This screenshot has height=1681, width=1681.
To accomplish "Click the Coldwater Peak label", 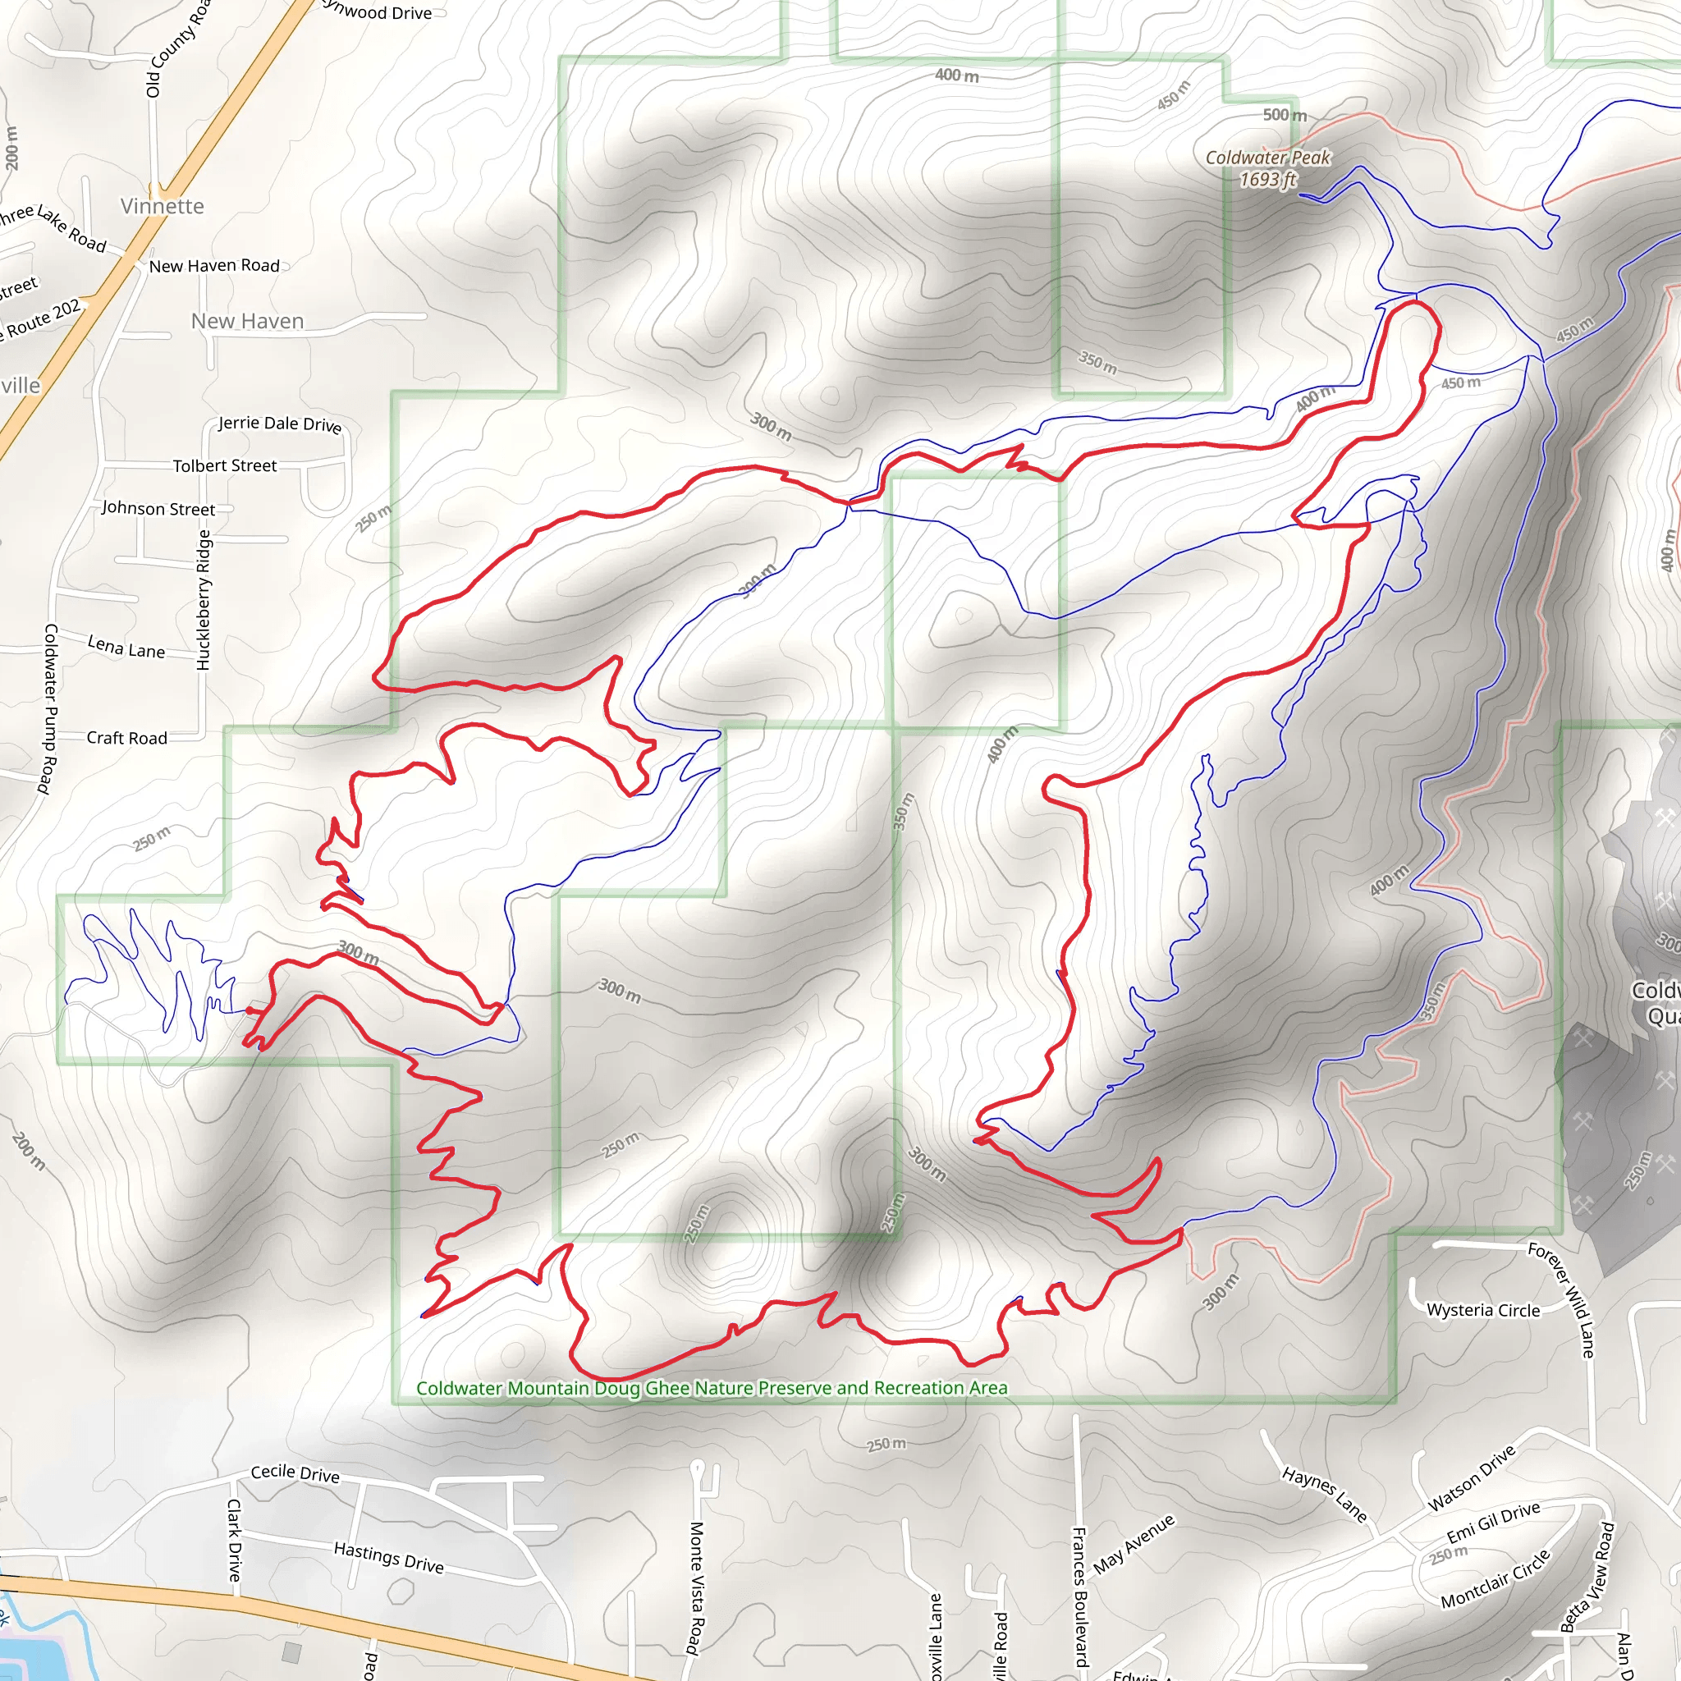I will [1266, 158].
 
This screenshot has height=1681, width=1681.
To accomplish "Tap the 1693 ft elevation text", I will [1266, 179].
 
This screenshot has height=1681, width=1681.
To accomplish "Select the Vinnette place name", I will [162, 206].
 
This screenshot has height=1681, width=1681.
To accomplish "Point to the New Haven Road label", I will [214, 265].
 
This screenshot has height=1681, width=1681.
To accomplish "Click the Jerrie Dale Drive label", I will [279, 424].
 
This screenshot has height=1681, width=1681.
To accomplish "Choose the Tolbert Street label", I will [224, 465].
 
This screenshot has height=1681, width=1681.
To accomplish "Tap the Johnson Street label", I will [158, 508].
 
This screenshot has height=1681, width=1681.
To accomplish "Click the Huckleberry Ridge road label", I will [204, 600].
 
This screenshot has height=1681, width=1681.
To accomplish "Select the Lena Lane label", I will [126, 647].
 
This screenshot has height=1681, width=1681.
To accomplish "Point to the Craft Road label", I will [126, 738].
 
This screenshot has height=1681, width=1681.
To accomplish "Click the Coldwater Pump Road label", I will [49, 708].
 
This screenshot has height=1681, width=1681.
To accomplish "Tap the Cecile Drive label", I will [295, 1473].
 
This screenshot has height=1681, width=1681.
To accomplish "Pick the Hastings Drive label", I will [388, 1557].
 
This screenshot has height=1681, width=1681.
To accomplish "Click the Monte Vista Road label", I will [695, 1587].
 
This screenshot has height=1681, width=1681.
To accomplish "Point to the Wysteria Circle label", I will [1482, 1310].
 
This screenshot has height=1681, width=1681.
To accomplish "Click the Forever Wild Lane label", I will [1563, 1300].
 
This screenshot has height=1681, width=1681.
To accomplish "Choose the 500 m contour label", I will [1285, 115].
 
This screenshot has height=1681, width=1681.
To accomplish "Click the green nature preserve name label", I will [711, 1388].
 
